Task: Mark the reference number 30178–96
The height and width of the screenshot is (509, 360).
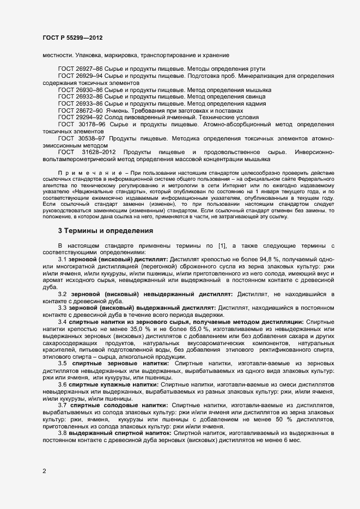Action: (92, 125)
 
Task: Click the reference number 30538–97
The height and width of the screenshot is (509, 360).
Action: (92, 139)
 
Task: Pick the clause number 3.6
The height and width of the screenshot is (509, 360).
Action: (62, 384)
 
